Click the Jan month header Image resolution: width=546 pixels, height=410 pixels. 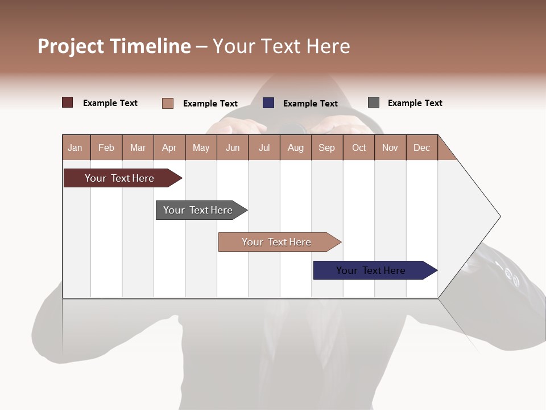click(x=76, y=147)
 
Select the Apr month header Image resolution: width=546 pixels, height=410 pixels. click(x=169, y=147)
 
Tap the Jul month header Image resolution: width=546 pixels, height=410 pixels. click(x=264, y=147)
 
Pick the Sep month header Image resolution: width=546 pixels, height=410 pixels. click(x=326, y=147)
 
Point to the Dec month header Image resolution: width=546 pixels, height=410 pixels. click(x=421, y=147)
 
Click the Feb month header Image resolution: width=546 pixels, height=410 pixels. click(x=106, y=147)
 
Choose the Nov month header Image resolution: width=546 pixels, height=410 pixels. click(x=390, y=147)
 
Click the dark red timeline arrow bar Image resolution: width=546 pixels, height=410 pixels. click(x=119, y=178)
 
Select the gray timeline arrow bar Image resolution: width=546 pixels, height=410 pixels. click(x=198, y=210)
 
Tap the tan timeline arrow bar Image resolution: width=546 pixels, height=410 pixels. click(x=276, y=242)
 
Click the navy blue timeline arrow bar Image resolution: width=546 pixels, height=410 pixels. click(x=371, y=270)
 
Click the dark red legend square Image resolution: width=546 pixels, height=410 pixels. click(x=68, y=102)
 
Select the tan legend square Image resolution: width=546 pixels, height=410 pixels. click(x=168, y=103)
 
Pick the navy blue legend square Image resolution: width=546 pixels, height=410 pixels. click(x=268, y=103)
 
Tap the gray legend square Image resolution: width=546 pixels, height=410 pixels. click(x=374, y=102)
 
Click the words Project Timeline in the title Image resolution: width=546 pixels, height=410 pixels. click(x=114, y=46)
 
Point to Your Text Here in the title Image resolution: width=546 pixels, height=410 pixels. click(x=281, y=46)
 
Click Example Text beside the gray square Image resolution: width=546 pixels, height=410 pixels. click(x=415, y=103)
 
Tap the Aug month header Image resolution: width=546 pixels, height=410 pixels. click(x=295, y=147)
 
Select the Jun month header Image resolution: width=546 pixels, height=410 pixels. click(x=232, y=147)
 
